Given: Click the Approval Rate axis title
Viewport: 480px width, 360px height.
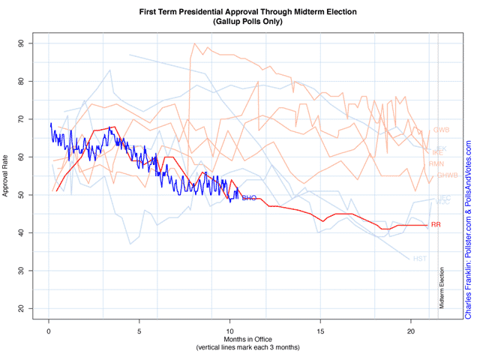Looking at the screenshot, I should pyautogui.click(x=7, y=176).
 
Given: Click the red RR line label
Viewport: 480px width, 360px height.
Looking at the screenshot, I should pyautogui.click(x=436, y=225).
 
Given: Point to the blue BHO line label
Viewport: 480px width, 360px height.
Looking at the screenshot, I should pyautogui.click(x=249, y=198).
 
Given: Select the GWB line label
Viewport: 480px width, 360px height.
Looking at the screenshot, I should pyautogui.click(x=441, y=130).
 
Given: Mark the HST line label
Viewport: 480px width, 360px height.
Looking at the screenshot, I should pyautogui.click(x=420, y=259).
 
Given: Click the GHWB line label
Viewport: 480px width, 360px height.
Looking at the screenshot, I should pyautogui.click(x=447, y=175).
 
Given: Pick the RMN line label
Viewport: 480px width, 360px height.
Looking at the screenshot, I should pyautogui.click(x=436, y=163).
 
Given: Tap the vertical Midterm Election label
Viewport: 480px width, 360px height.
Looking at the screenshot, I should pyautogui.click(x=442, y=287).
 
